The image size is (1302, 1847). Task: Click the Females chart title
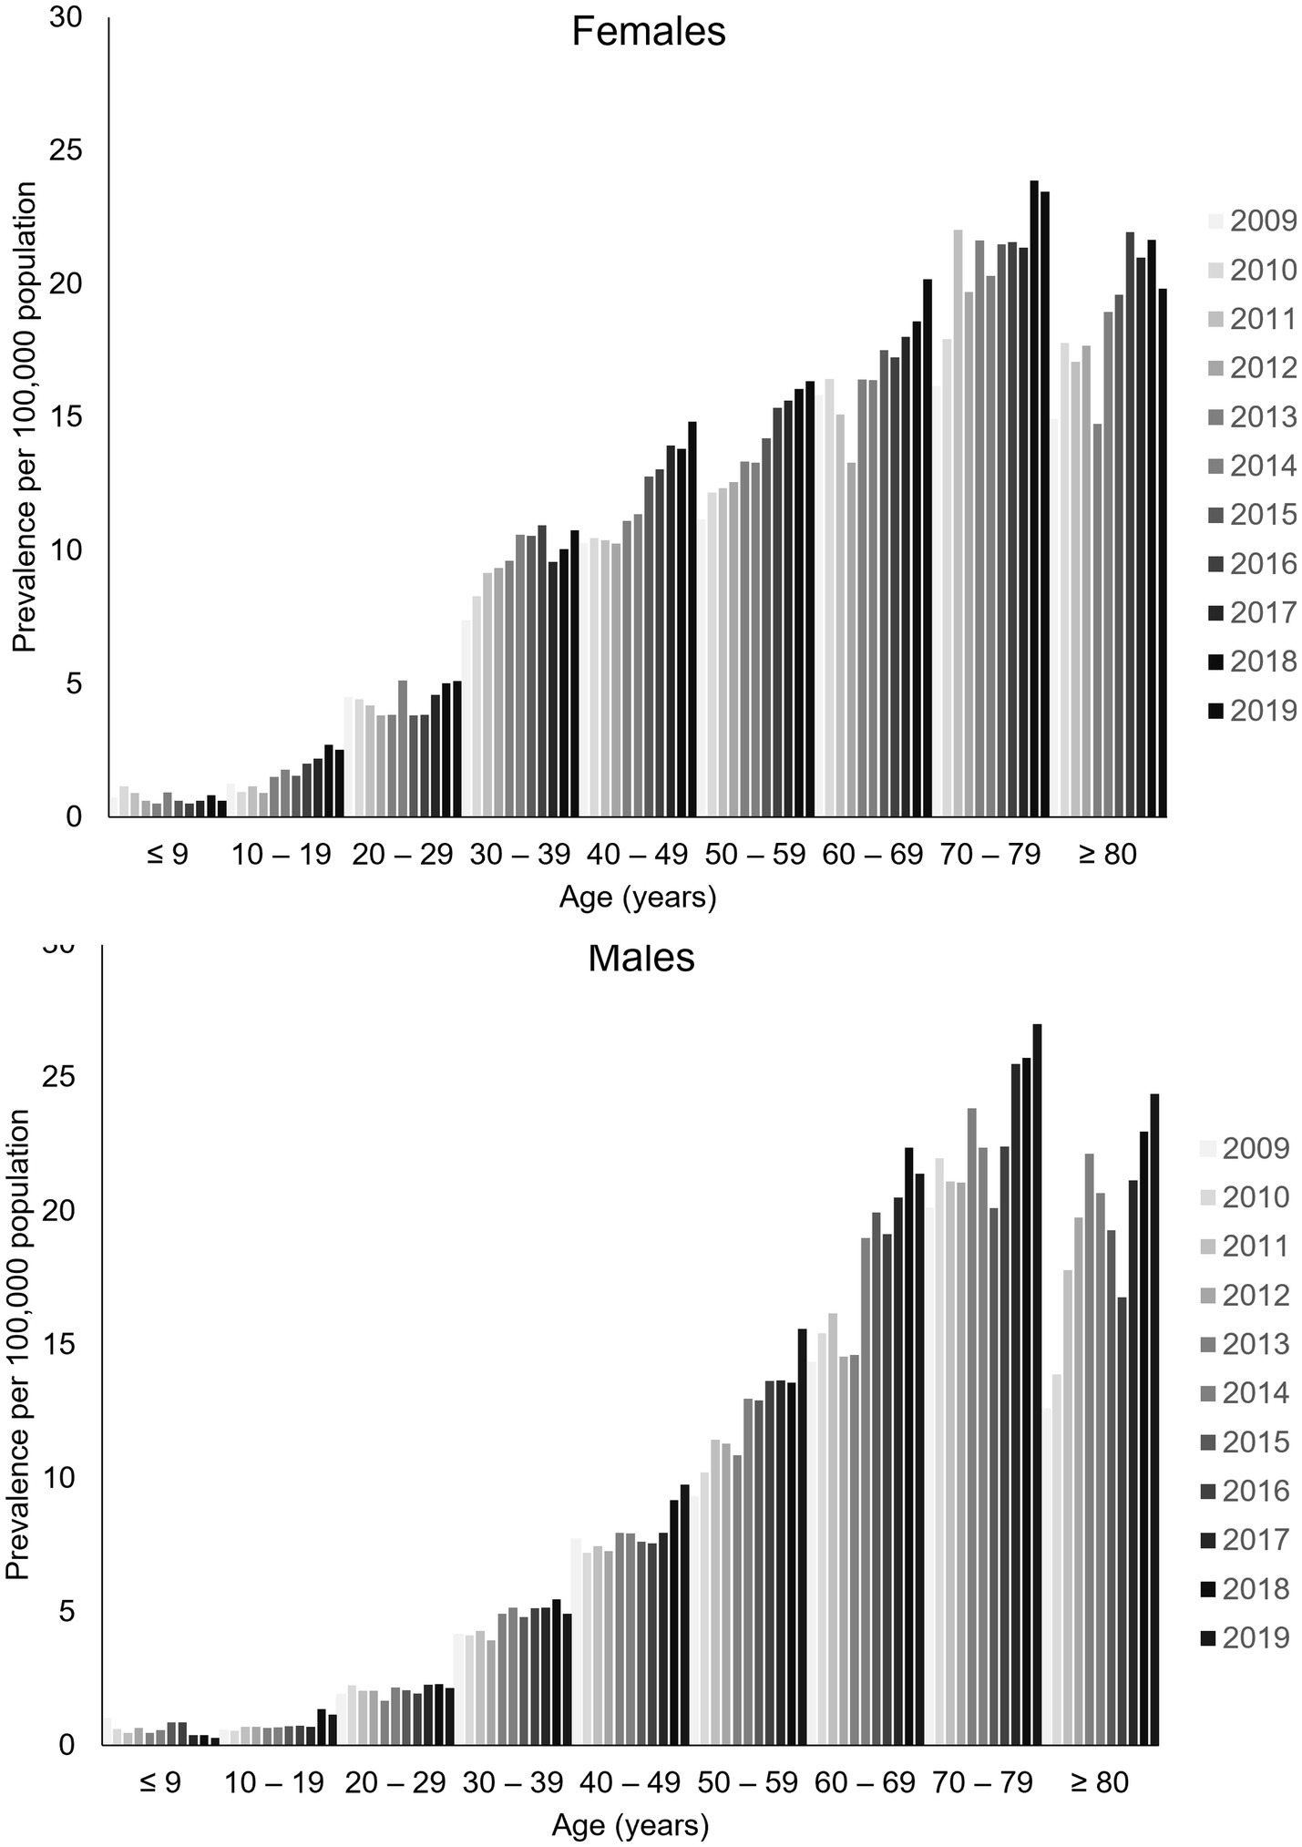[x=648, y=33]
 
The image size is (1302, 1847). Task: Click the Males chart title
[x=641, y=959]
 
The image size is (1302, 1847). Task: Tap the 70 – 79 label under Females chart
[x=989, y=856]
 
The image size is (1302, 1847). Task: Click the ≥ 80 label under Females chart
[x=1108, y=856]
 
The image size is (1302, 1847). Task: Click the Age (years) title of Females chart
[x=638, y=898]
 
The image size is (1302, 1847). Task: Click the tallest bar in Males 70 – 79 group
[x=1037, y=1384]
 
